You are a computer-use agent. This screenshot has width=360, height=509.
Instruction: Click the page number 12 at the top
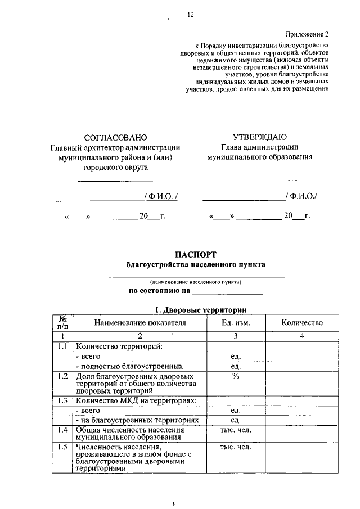(x=190, y=15)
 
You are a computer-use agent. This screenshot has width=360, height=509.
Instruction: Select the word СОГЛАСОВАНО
(x=115, y=138)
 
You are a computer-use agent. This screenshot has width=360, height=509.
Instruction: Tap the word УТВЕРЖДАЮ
(x=259, y=138)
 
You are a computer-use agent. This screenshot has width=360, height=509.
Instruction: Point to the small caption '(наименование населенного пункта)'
(x=195, y=282)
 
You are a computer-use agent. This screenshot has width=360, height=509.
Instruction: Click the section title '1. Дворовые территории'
(x=201, y=309)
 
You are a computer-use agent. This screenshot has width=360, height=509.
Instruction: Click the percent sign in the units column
(x=236, y=376)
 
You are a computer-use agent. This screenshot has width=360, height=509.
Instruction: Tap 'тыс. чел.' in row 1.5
(x=236, y=448)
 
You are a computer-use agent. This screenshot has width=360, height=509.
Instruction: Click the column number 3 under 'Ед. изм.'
(x=236, y=336)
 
